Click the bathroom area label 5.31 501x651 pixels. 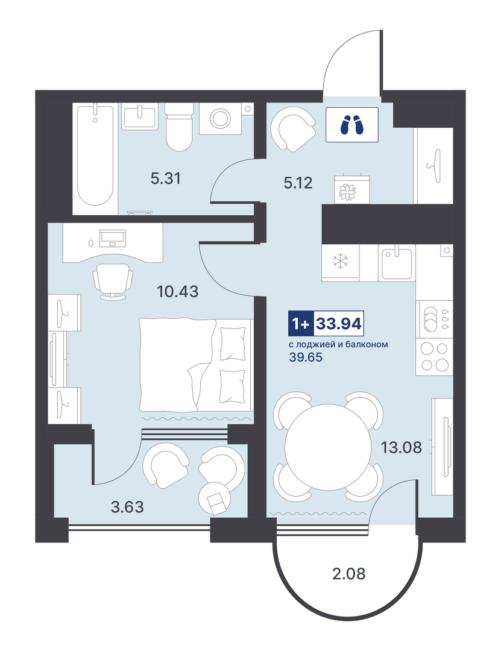pyautogui.click(x=166, y=179)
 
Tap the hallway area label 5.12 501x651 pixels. pyautogui.click(x=298, y=183)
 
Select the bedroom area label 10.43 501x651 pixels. pyautogui.click(x=178, y=292)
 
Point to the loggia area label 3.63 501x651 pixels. pyautogui.click(x=128, y=507)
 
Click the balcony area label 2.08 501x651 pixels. pyautogui.click(x=349, y=574)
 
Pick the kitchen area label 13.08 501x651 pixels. pyautogui.click(x=402, y=447)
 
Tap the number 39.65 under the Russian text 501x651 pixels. pyautogui.click(x=305, y=357)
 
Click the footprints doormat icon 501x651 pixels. pyautogui.click(x=352, y=125)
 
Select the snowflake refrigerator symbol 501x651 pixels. pyautogui.click(x=341, y=261)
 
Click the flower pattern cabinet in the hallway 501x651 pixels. pyautogui.click(x=352, y=189)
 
